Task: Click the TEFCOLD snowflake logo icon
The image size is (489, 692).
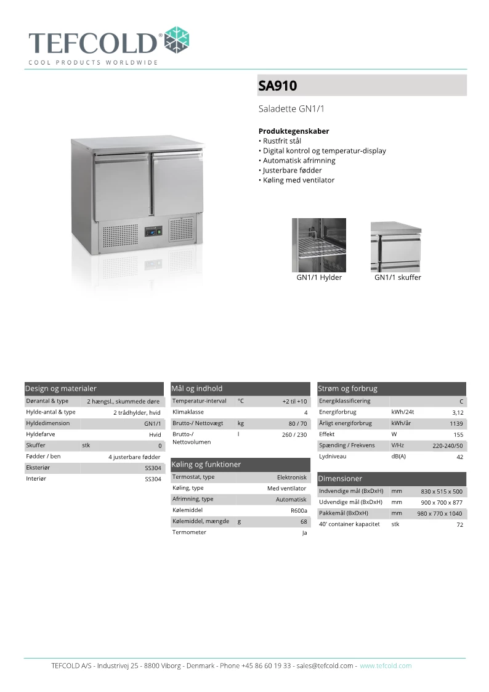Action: click(177, 40)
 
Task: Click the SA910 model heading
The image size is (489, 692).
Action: click(278, 86)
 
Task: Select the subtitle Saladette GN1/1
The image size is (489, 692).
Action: click(291, 109)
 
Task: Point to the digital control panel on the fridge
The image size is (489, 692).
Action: click(153, 232)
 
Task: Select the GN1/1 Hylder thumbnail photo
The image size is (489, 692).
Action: click(318, 245)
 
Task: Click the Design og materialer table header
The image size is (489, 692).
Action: click(61, 389)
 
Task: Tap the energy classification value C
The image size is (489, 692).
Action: click(461, 402)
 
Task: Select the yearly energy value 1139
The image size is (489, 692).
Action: click(456, 424)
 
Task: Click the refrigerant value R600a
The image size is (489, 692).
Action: click(299, 511)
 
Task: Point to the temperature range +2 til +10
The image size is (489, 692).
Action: click(294, 402)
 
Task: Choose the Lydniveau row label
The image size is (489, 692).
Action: click(333, 457)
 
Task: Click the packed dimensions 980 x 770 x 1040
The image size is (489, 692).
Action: click(440, 514)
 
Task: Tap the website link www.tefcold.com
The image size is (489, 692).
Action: click(386, 666)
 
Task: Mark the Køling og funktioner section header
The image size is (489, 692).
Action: click(206, 465)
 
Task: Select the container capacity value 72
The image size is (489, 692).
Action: click(459, 525)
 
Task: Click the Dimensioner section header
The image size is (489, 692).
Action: click(340, 479)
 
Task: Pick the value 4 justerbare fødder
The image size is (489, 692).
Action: click(134, 457)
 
